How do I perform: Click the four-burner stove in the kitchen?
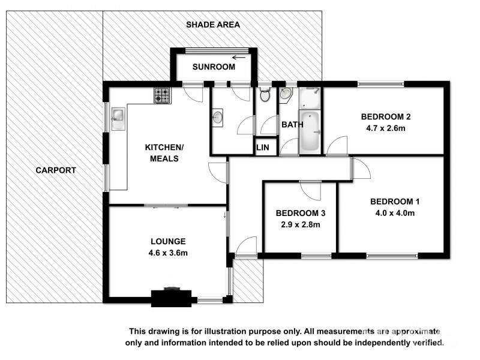(x=162, y=95)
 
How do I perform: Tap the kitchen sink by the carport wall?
(x=117, y=116)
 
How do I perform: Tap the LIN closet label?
(x=263, y=147)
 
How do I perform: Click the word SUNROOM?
(x=214, y=67)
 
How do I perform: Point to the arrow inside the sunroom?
(x=240, y=58)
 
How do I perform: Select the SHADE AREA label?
(x=212, y=25)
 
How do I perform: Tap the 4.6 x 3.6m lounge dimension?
(x=169, y=253)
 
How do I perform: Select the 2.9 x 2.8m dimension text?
(x=300, y=225)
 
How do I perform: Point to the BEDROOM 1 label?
(x=391, y=202)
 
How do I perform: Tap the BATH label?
(x=292, y=125)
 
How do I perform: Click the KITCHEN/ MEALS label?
(x=163, y=153)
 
